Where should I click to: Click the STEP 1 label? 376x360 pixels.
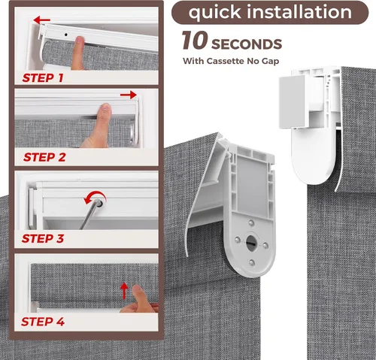43,78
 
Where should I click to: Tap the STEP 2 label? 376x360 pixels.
44,157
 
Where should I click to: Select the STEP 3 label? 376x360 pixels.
43,238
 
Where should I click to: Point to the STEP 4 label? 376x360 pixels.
43,322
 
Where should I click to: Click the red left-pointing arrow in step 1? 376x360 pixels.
42,20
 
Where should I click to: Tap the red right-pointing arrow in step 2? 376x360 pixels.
129,95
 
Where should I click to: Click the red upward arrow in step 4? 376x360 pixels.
124,291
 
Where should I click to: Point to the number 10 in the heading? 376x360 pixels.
195,40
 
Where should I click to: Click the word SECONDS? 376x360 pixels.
247,44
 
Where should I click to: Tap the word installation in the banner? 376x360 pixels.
299,12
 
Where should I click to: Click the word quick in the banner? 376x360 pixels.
215,13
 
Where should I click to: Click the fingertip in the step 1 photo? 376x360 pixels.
80,41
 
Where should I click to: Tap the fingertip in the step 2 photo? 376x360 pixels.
105,108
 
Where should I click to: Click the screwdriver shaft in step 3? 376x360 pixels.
89,216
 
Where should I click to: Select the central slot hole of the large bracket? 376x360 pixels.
250,242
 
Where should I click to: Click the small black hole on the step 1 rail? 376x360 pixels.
66,35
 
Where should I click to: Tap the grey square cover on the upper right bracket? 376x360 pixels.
292,101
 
